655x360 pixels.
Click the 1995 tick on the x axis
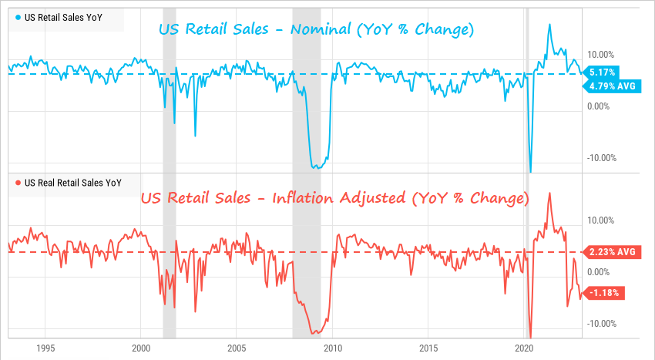click(45, 348)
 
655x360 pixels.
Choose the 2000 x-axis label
click(141, 348)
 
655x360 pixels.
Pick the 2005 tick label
click(237, 348)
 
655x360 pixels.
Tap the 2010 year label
click(333, 348)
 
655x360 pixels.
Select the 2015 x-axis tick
click(428, 348)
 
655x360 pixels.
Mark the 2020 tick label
click(524, 348)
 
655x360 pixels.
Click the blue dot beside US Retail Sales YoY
click(18, 17)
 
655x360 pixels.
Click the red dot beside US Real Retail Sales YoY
click(18, 183)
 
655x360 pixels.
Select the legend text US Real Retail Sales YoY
click(73, 183)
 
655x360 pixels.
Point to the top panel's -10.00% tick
click(602, 158)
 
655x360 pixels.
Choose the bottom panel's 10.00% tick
click(602, 220)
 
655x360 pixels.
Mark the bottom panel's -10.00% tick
click(602, 323)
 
